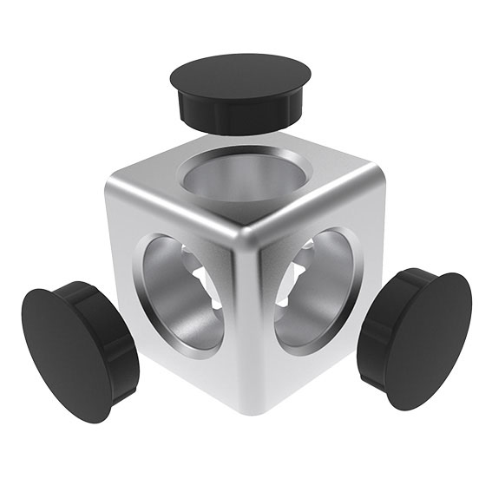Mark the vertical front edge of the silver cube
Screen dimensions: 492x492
coord(251,321)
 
